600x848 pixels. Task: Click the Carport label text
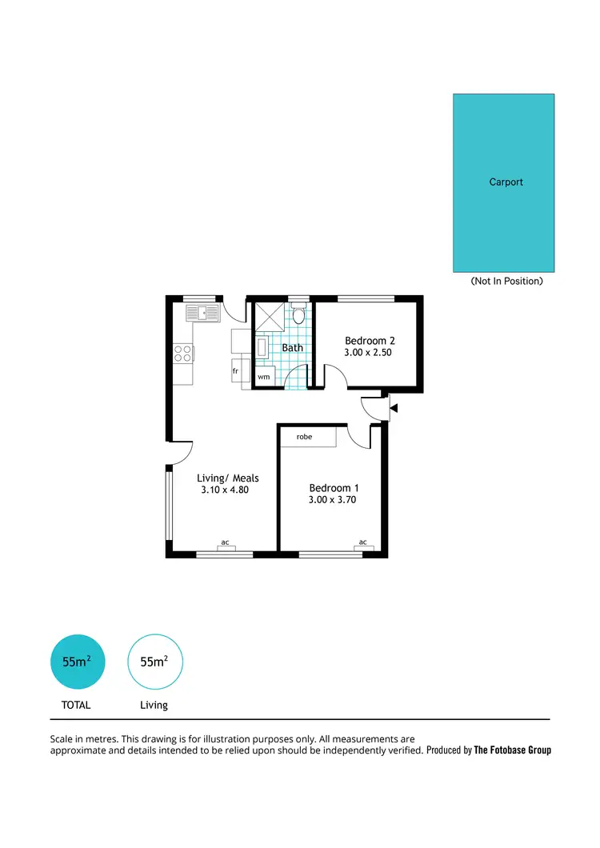click(506, 182)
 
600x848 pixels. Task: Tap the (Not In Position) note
click(506, 281)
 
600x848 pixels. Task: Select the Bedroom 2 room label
click(370, 341)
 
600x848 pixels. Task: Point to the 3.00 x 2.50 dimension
click(368, 352)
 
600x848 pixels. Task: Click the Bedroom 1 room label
click(334, 488)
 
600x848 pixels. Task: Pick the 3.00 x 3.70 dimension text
click(332, 500)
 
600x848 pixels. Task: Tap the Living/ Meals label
click(228, 478)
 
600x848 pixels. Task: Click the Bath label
click(292, 348)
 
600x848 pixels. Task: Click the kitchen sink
click(202, 313)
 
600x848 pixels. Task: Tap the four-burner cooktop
click(183, 353)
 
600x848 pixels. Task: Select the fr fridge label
click(236, 372)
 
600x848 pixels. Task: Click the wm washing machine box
click(263, 376)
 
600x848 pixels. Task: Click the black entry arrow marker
click(393, 409)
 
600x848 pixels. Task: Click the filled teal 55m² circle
click(77, 662)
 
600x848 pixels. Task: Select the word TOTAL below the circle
click(77, 705)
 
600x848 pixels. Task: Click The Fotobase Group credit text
click(512, 750)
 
